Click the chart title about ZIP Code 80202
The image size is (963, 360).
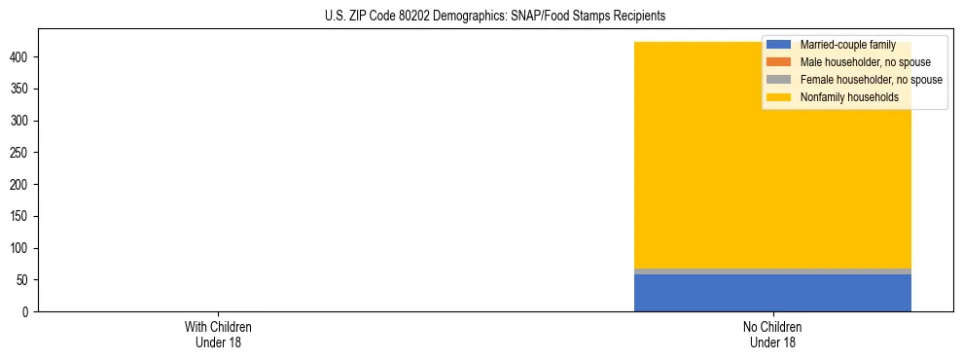(495, 17)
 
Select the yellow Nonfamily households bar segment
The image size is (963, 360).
(772, 165)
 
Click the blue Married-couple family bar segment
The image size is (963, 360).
(772, 293)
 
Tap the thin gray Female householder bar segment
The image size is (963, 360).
(772, 271)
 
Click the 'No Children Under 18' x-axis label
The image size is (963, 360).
(772, 334)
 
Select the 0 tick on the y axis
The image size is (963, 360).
(26, 312)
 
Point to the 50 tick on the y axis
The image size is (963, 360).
(23, 280)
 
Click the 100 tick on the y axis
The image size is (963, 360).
(20, 248)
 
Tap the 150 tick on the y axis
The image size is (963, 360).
(20, 216)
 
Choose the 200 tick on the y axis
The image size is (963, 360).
(20, 185)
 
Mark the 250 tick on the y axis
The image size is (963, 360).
(20, 153)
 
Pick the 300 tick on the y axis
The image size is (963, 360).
(20, 121)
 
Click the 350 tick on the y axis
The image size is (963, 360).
(20, 89)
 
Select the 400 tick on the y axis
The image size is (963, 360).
(20, 57)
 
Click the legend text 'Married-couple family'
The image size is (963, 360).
(847, 45)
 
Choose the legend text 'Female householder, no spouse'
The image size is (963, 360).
(871, 80)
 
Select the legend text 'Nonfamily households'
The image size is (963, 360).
(848, 97)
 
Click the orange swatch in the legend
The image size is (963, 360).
(778, 62)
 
